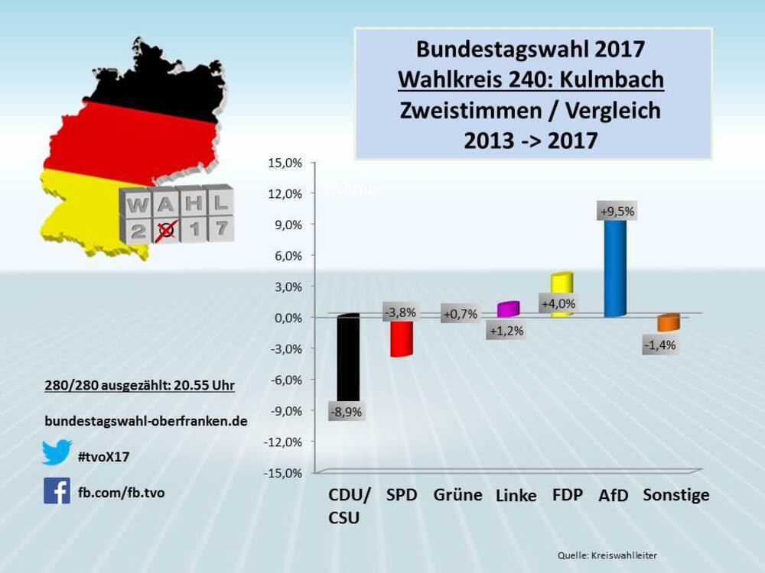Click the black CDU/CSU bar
point(348,359)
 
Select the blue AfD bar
point(615,267)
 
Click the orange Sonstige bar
point(668,322)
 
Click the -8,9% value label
point(346,412)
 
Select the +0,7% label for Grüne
point(460,313)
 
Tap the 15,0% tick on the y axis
point(285,163)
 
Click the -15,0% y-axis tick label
point(283,472)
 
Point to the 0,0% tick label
point(287,318)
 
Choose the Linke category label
point(516,496)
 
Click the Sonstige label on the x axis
point(675,495)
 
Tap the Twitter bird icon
point(57,453)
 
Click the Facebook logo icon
point(57,491)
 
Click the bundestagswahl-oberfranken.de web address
point(145,421)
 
